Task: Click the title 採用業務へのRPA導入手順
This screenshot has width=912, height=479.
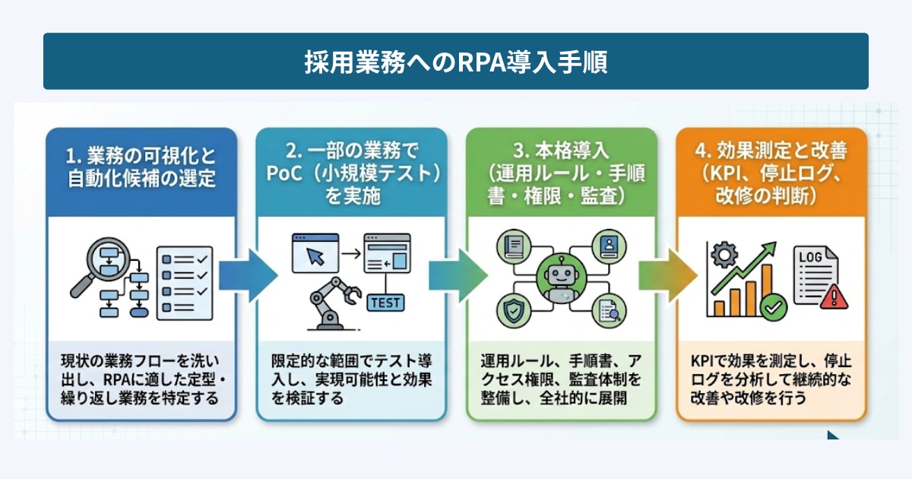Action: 456,62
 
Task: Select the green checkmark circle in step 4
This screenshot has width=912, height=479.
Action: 774,307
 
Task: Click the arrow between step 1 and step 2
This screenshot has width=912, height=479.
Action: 246,278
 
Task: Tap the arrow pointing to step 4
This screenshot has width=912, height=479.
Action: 666,277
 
